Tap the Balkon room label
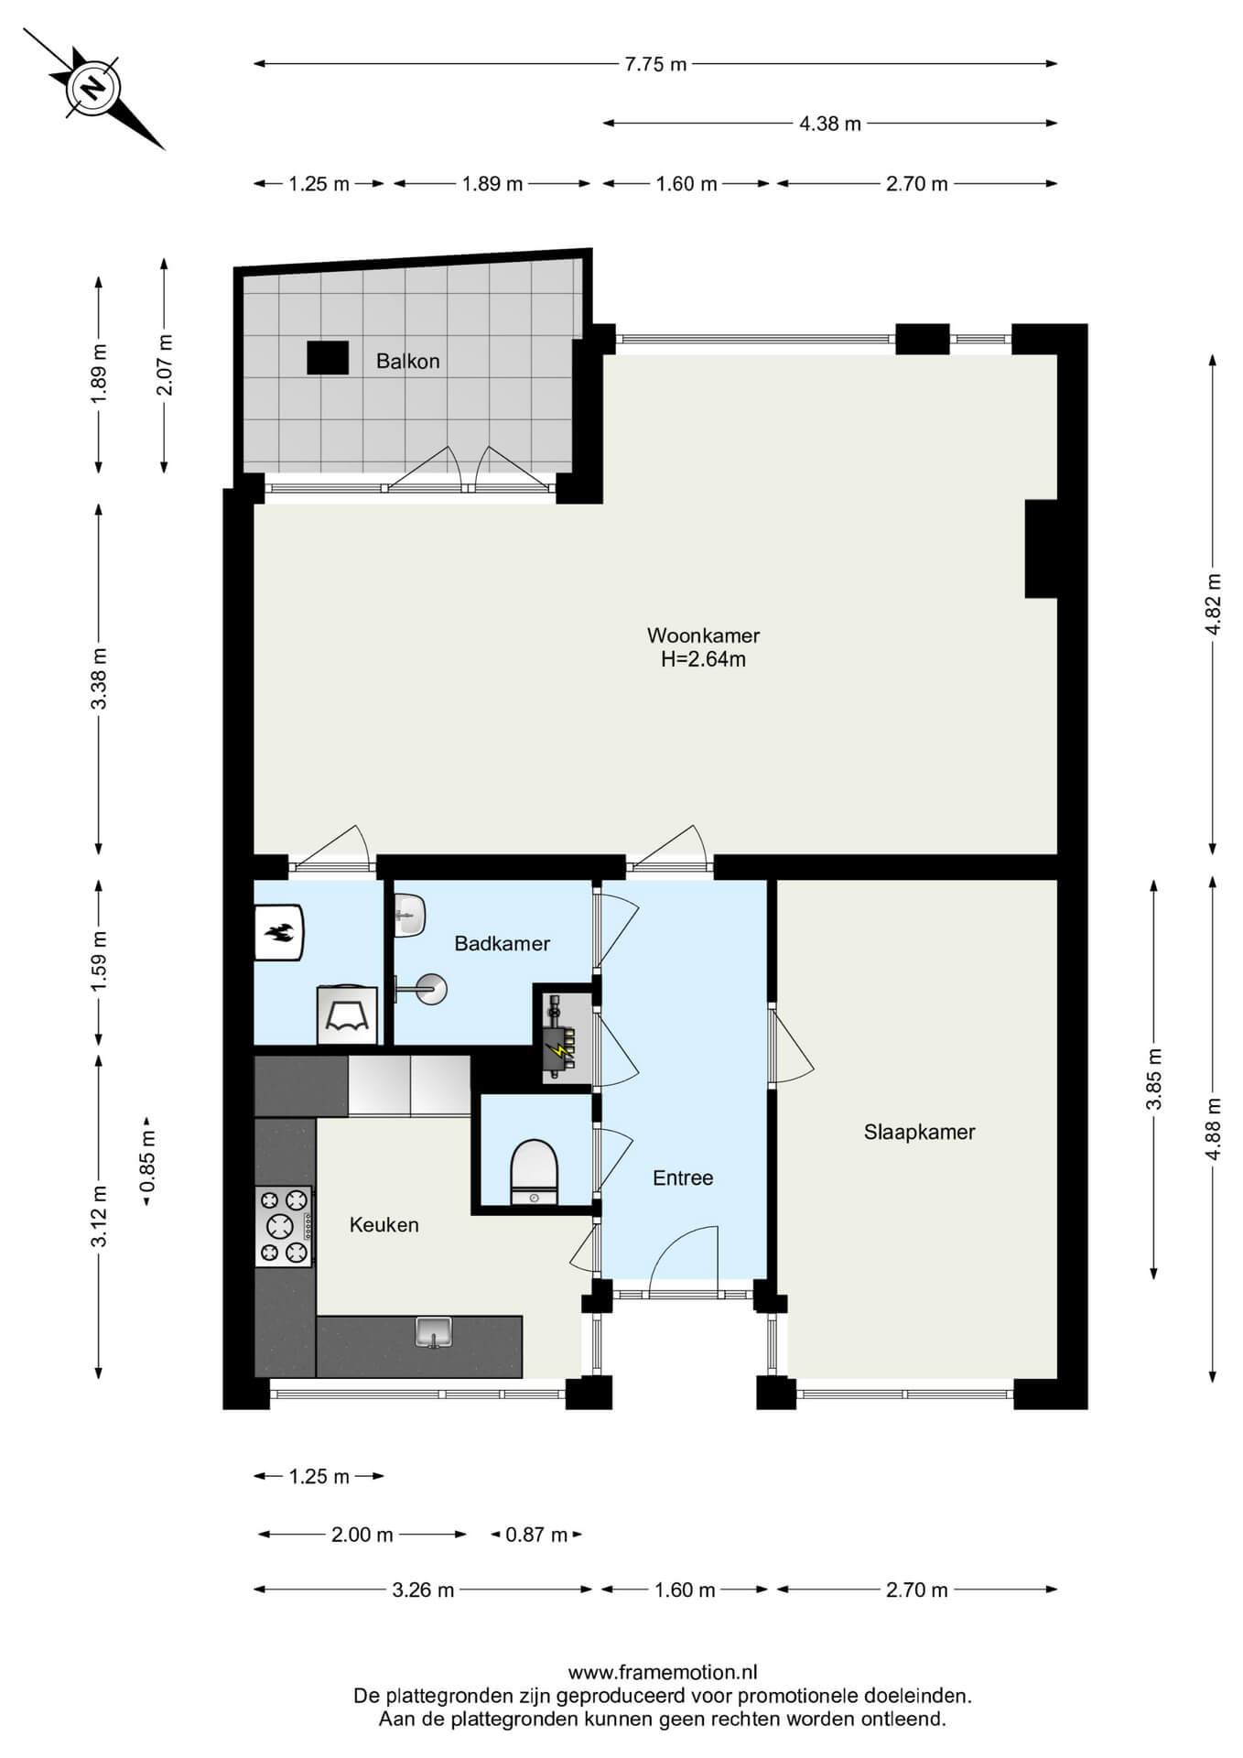tap(407, 361)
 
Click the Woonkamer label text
tap(703, 635)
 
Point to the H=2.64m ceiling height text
tap(703, 659)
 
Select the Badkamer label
tap(502, 943)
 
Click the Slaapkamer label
tap(919, 1132)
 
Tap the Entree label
tap(682, 1177)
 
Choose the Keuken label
tap(384, 1224)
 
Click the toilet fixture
tap(534, 1172)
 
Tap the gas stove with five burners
tap(284, 1226)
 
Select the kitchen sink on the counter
tap(434, 1331)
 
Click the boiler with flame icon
tap(278, 933)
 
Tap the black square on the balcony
tap(327, 358)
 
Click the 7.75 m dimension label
tap(655, 64)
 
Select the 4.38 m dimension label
tap(830, 124)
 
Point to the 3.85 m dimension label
tap(1154, 1079)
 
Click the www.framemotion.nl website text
tap(663, 1673)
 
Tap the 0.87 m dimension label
tap(536, 1535)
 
